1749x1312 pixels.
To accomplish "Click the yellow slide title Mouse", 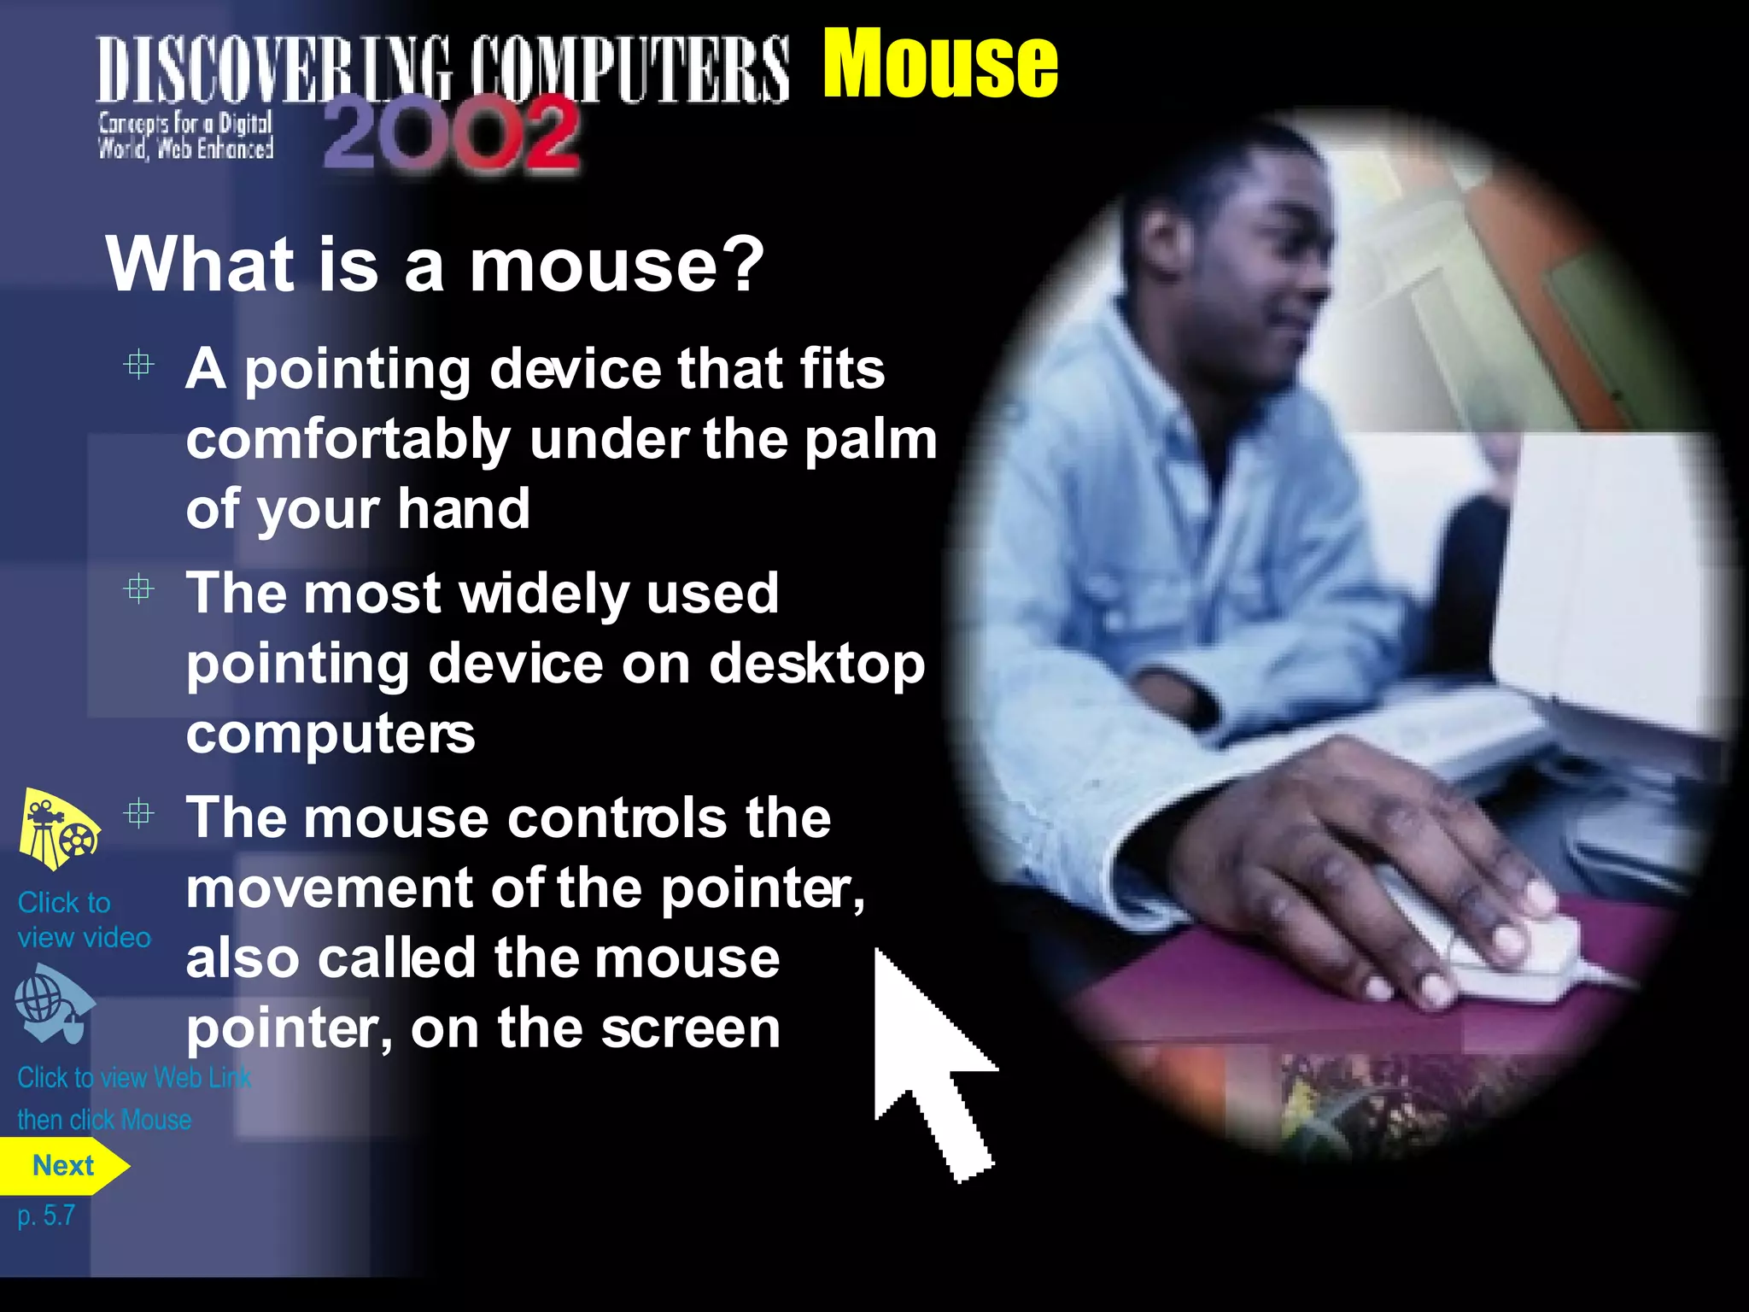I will coord(939,64).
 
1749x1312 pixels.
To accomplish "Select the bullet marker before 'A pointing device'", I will coord(138,366).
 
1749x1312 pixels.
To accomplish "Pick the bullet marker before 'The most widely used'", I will coord(138,589).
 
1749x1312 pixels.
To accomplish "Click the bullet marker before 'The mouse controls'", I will coord(138,813).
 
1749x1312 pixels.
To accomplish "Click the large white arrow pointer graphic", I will coord(931,1068).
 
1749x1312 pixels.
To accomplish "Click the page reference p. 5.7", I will coord(46,1215).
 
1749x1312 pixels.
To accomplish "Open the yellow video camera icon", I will coord(58,829).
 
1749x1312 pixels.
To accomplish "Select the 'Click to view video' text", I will coord(83,920).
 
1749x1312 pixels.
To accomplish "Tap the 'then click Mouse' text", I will coord(104,1120).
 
